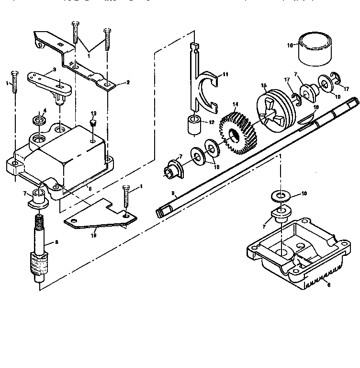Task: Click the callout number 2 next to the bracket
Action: tap(128, 82)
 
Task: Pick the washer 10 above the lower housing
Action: tap(277, 195)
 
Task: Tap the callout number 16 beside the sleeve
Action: tap(290, 45)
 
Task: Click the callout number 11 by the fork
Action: tap(226, 74)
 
